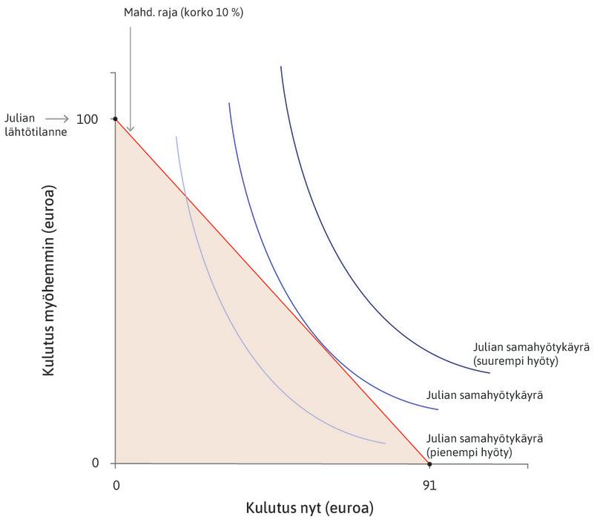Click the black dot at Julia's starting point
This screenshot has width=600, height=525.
point(115,119)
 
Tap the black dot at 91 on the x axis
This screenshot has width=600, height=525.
point(429,463)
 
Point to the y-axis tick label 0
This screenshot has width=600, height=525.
point(95,463)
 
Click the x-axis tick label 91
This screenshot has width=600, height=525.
point(429,485)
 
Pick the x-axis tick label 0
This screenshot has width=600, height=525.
point(115,485)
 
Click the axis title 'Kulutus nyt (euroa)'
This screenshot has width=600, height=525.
point(309,509)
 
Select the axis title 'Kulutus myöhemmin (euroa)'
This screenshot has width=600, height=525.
point(50,290)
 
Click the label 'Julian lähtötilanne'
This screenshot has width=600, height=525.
point(24,124)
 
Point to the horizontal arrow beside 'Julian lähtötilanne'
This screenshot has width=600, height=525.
point(57,119)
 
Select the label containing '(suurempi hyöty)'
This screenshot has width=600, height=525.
point(515,362)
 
